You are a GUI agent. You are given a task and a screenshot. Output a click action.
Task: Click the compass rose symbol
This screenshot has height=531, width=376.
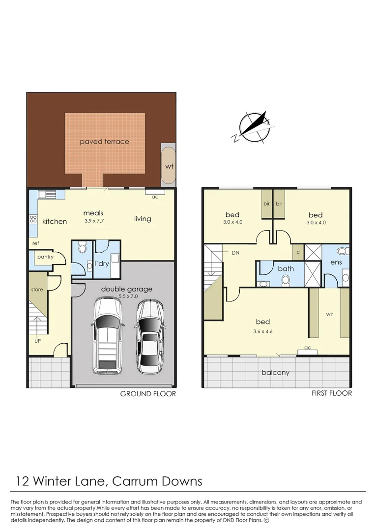point(252,127)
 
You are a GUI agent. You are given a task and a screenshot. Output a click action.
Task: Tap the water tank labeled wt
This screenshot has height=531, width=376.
point(169,166)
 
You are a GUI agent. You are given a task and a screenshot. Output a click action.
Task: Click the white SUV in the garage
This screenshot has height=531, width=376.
point(107,336)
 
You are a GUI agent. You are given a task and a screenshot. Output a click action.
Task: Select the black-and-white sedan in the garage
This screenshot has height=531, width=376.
point(149,337)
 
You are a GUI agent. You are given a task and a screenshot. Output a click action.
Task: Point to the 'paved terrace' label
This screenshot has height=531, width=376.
point(105,142)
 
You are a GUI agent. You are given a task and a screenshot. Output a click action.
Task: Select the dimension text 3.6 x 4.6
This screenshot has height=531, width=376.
point(263,331)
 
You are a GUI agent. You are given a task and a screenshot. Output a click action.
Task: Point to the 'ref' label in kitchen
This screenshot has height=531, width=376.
point(35,243)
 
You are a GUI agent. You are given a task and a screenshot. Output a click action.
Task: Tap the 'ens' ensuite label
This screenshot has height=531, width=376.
point(336,263)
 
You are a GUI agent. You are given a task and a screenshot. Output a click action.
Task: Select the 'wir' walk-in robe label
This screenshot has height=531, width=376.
point(329,314)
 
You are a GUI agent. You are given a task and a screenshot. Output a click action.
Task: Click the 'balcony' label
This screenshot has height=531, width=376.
point(276,373)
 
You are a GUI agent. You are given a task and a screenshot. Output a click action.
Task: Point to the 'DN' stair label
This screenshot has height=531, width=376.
point(236,252)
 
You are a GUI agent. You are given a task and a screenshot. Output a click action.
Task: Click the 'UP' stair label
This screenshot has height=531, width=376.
point(37,340)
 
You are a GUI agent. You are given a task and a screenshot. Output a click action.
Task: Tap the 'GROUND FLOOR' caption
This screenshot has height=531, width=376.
point(148,394)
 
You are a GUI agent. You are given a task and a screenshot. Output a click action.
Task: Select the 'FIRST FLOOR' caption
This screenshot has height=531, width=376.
point(331,393)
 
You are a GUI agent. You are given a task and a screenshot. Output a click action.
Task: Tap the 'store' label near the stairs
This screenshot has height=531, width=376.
point(37,290)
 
